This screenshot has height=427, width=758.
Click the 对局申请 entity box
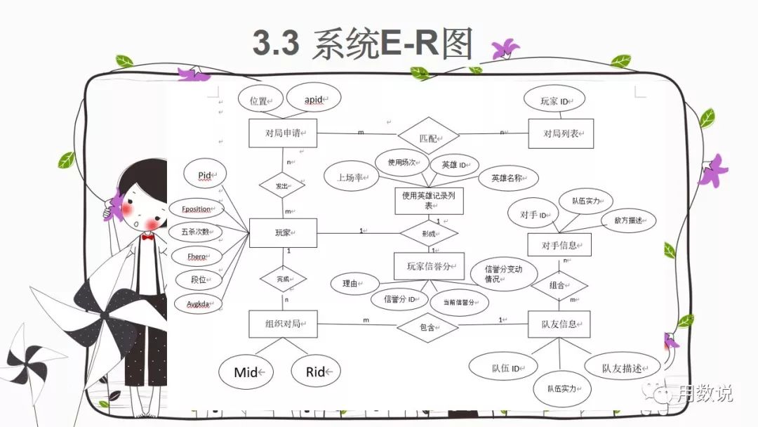[x=283, y=133]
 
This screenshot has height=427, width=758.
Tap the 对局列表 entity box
[x=561, y=133]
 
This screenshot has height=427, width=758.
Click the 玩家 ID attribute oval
[x=554, y=100]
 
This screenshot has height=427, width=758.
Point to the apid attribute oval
[x=313, y=99]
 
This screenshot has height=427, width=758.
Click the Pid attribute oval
[x=205, y=173]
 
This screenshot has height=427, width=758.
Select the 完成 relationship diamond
[x=283, y=279]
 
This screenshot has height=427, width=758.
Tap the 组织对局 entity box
[x=283, y=324]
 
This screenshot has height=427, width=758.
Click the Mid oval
[x=245, y=372]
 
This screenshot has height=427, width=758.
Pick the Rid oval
[x=315, y=372]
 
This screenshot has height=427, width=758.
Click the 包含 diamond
[x=427, y=327]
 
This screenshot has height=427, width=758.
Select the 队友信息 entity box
[x=559, y=324]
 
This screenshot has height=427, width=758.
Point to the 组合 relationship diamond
[x=559, y=285]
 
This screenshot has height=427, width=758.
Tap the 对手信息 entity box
[x=559, y=245]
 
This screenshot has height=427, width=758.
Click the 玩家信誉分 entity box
[x=429, y=266]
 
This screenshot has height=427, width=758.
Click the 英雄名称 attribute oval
[x=509, y=178]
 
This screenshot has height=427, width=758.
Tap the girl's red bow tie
[x=147, y=237]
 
